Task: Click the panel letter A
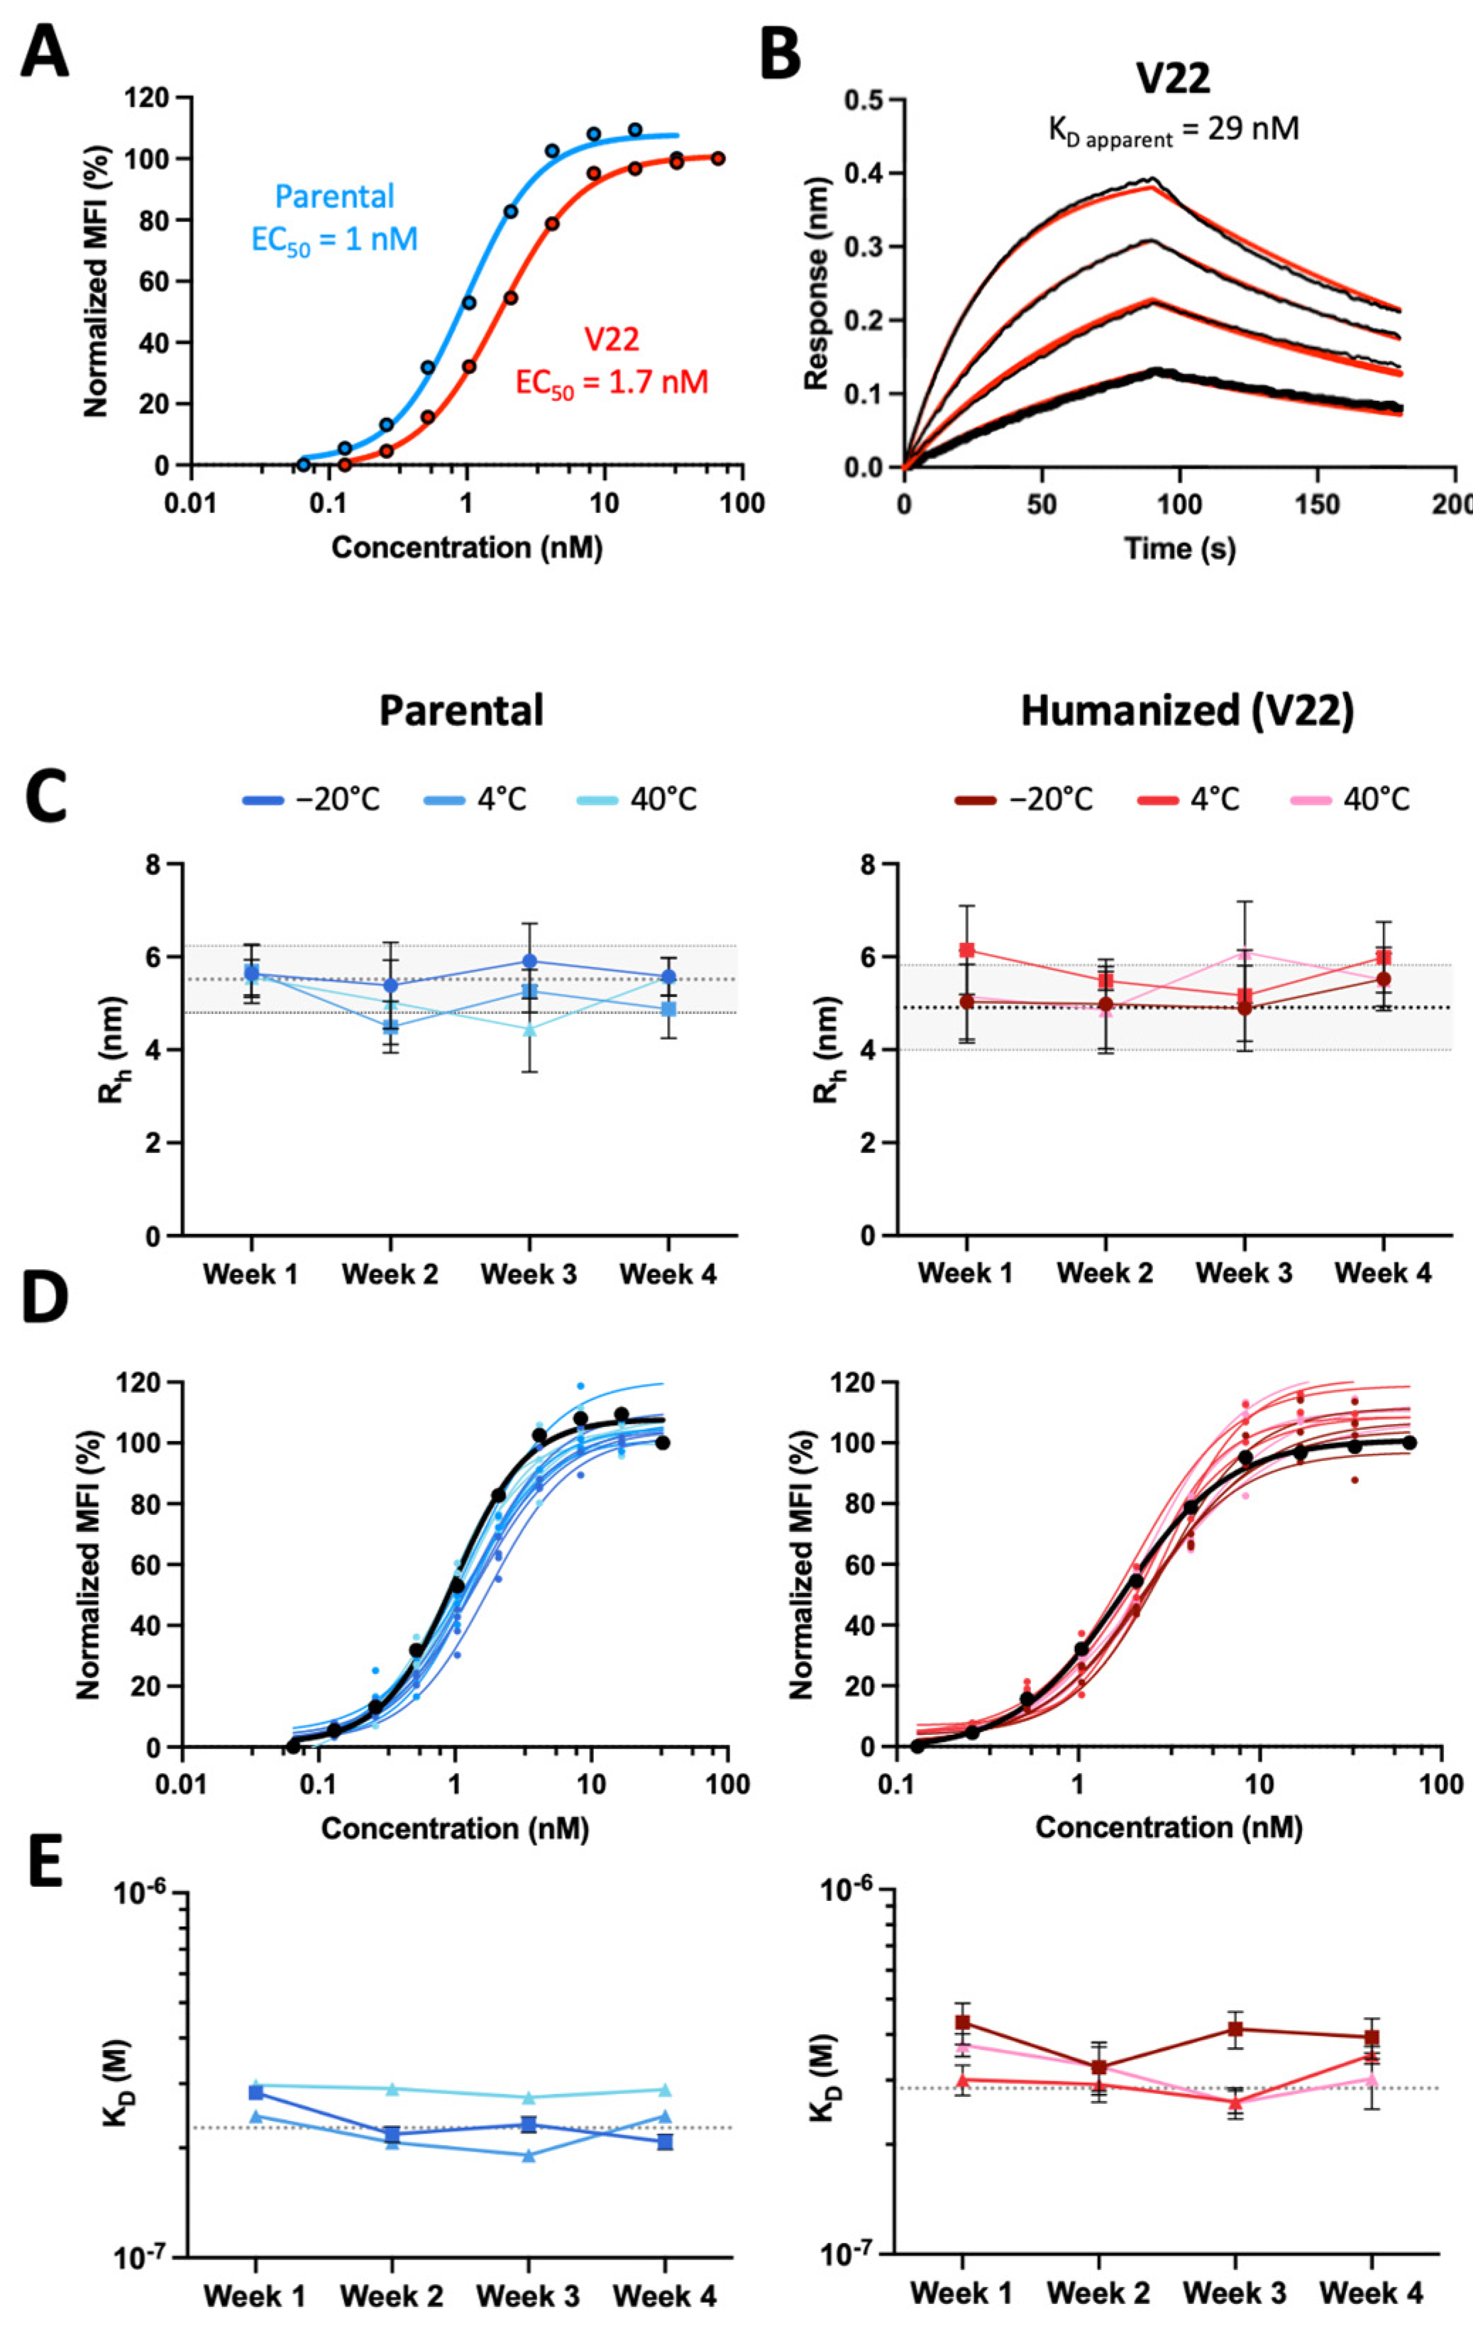tap(45, 54)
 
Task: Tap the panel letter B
tap(780, 54)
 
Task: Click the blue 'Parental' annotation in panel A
tap(334, 197)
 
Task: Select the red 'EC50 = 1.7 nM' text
tap(612, 382)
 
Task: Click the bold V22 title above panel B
tap(1173, 78)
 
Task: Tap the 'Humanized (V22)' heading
tap(1187, 711)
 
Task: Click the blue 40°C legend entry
tap(636, 800)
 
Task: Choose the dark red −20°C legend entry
tap(1024, 800)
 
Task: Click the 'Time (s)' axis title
tap(1179, 548)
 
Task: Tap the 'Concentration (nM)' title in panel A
tap(467, 548)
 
